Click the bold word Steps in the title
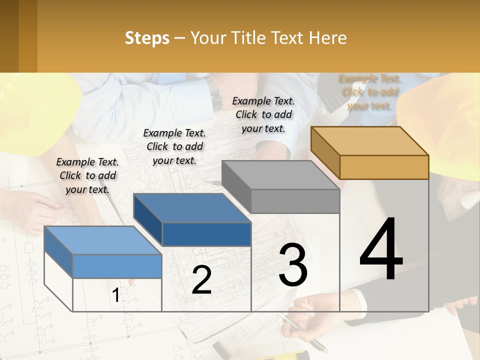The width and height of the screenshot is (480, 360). [147, 38]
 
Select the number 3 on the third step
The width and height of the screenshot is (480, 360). [293, 265]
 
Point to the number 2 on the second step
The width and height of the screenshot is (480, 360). [201, 280]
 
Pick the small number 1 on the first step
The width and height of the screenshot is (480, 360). [116, 295]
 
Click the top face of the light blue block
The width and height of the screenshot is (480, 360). [102, 240]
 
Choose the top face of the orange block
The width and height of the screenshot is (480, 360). [370, 141]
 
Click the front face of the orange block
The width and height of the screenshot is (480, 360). [384, 167]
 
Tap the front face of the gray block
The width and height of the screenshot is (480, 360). [295, 201]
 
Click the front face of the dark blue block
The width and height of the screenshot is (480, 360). [206, 234]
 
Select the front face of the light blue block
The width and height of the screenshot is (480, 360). [117, 266]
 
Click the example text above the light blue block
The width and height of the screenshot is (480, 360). [87, 175]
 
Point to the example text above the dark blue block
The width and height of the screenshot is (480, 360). [174, 146]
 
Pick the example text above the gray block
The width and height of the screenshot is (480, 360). [263, 114]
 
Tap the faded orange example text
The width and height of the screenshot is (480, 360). [369, 92]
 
